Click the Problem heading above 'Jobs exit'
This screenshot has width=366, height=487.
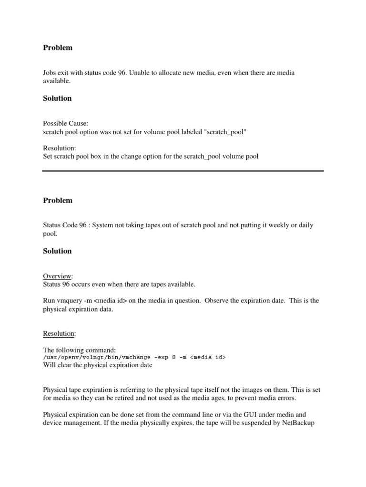click(x=58, y=48)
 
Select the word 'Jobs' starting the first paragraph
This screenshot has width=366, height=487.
click(x=50, y=73)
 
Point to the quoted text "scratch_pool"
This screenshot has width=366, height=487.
click(x=225, y=131)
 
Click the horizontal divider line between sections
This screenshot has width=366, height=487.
click(x=183, y=172)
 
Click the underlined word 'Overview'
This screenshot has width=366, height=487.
click(x=57, y=276)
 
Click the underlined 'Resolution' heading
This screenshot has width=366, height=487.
click(x=59, y=334)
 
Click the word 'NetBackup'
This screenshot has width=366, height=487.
click(x=297, y=422)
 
